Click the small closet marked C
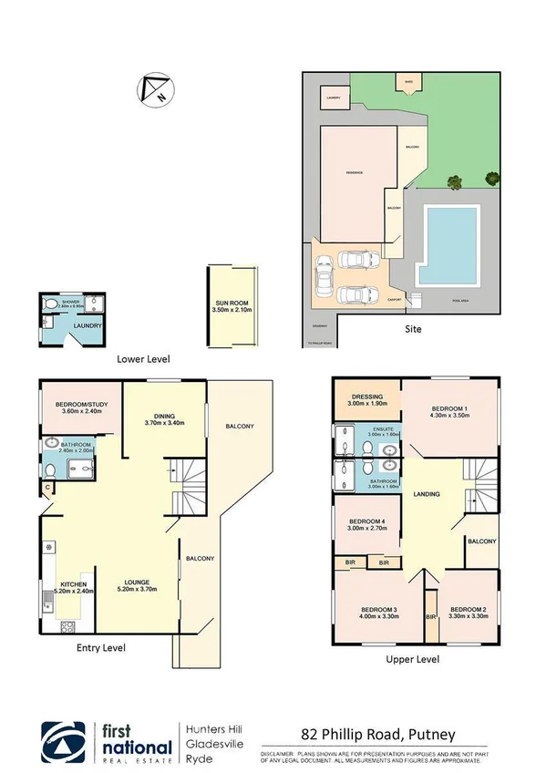click(x=47, y=490)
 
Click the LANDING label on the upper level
click(x=426, y=494)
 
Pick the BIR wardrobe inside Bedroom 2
click(x=430, y=617)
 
